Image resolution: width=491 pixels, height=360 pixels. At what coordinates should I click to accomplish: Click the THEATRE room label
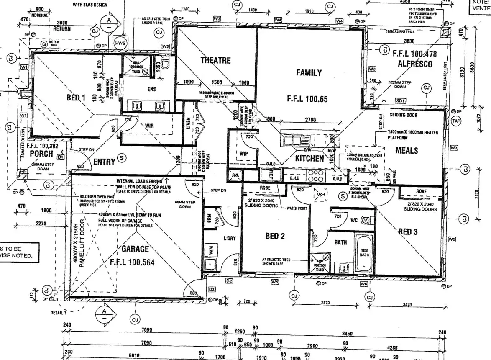(x=215, y=60)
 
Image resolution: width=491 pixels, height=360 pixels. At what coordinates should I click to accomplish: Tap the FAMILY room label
(x=309, y=73)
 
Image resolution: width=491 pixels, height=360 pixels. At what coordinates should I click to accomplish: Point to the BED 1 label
(x=76, y=98)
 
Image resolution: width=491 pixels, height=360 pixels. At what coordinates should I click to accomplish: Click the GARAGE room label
(x=135, y=249)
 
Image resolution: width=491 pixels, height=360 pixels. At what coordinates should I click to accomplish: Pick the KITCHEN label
(x=309, y=158)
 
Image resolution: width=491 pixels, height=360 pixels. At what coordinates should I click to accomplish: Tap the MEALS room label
(x=407, y=150)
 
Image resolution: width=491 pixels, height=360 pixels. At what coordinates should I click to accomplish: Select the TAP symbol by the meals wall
(x=456, y=121)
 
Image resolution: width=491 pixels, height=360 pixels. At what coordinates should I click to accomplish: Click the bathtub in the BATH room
(x=364, y=252)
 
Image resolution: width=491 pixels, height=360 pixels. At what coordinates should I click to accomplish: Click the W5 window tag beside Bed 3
(x=452, y=239)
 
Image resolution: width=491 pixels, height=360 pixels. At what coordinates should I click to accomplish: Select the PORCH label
(x=42, y=154)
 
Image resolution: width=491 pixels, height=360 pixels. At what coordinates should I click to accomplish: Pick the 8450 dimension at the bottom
(x=347, y=334)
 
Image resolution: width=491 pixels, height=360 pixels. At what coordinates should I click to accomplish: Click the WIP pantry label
(x=245, y=153)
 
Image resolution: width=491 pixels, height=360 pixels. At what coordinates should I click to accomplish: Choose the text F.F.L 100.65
(x=307, y=99)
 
